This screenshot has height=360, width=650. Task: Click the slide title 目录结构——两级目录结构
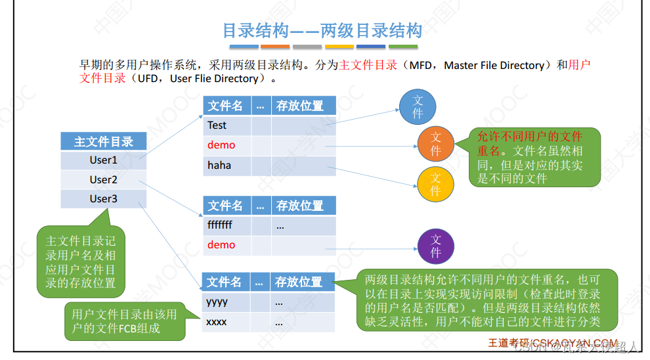(x=322, y=31)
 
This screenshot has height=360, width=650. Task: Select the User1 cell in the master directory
(x=103, y=160)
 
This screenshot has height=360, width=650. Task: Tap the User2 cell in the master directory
(x=103, y=179)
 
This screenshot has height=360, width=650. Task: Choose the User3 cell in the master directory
(x=103, y=198)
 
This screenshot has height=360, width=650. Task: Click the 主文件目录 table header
(x=103, y=141)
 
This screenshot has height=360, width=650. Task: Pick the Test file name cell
(x=227, y=125)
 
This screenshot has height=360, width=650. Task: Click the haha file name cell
(x=227, y=166)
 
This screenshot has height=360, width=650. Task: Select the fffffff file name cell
(x=227, y=225)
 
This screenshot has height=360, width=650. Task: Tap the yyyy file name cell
(x=226, y=302)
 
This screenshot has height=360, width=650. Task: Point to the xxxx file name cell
(x=226, y=323)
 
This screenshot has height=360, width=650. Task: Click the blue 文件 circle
(x=418, y=107)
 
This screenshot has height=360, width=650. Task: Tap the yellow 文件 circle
(x=435, y=183)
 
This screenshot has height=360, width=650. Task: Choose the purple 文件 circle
(x=436, y=245)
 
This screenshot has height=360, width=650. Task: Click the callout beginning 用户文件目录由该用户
(x=124, y=321)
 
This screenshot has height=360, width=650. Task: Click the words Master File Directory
(x=494, y=66)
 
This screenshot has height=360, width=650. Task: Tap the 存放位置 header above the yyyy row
(x=299, y=282)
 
